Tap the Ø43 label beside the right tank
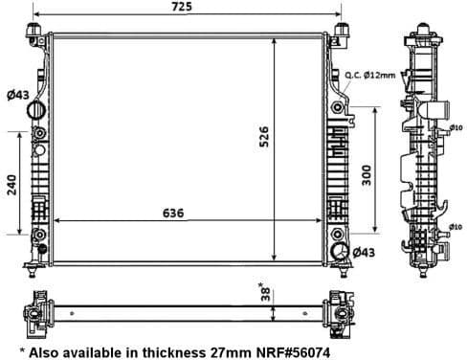tap(364, 252)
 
